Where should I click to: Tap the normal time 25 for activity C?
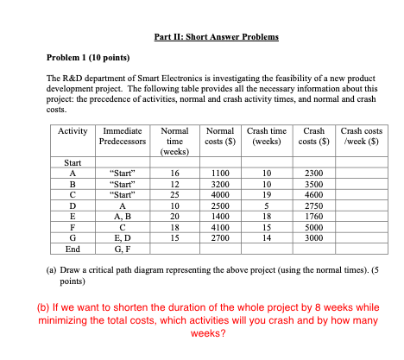coord(174,194)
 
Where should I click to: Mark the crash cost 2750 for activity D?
coord(313,205)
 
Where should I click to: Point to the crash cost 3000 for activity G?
coord(313,237)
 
